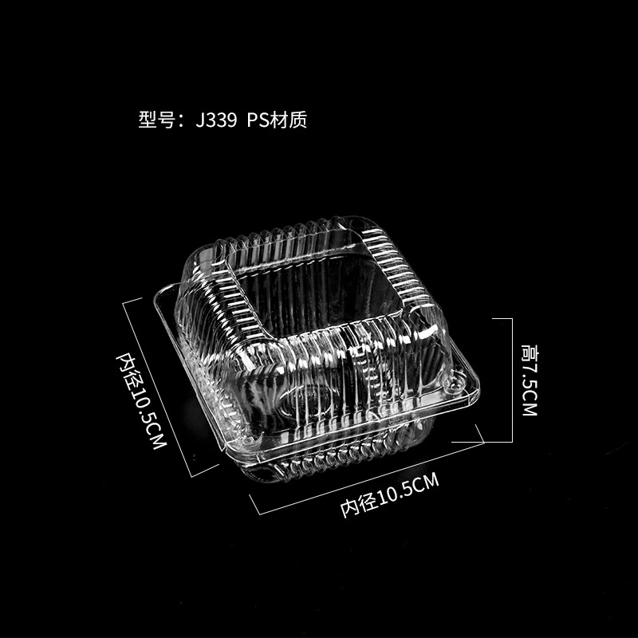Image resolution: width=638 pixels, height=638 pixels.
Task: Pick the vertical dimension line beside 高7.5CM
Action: pyautogui.click(x=510, y=380)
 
